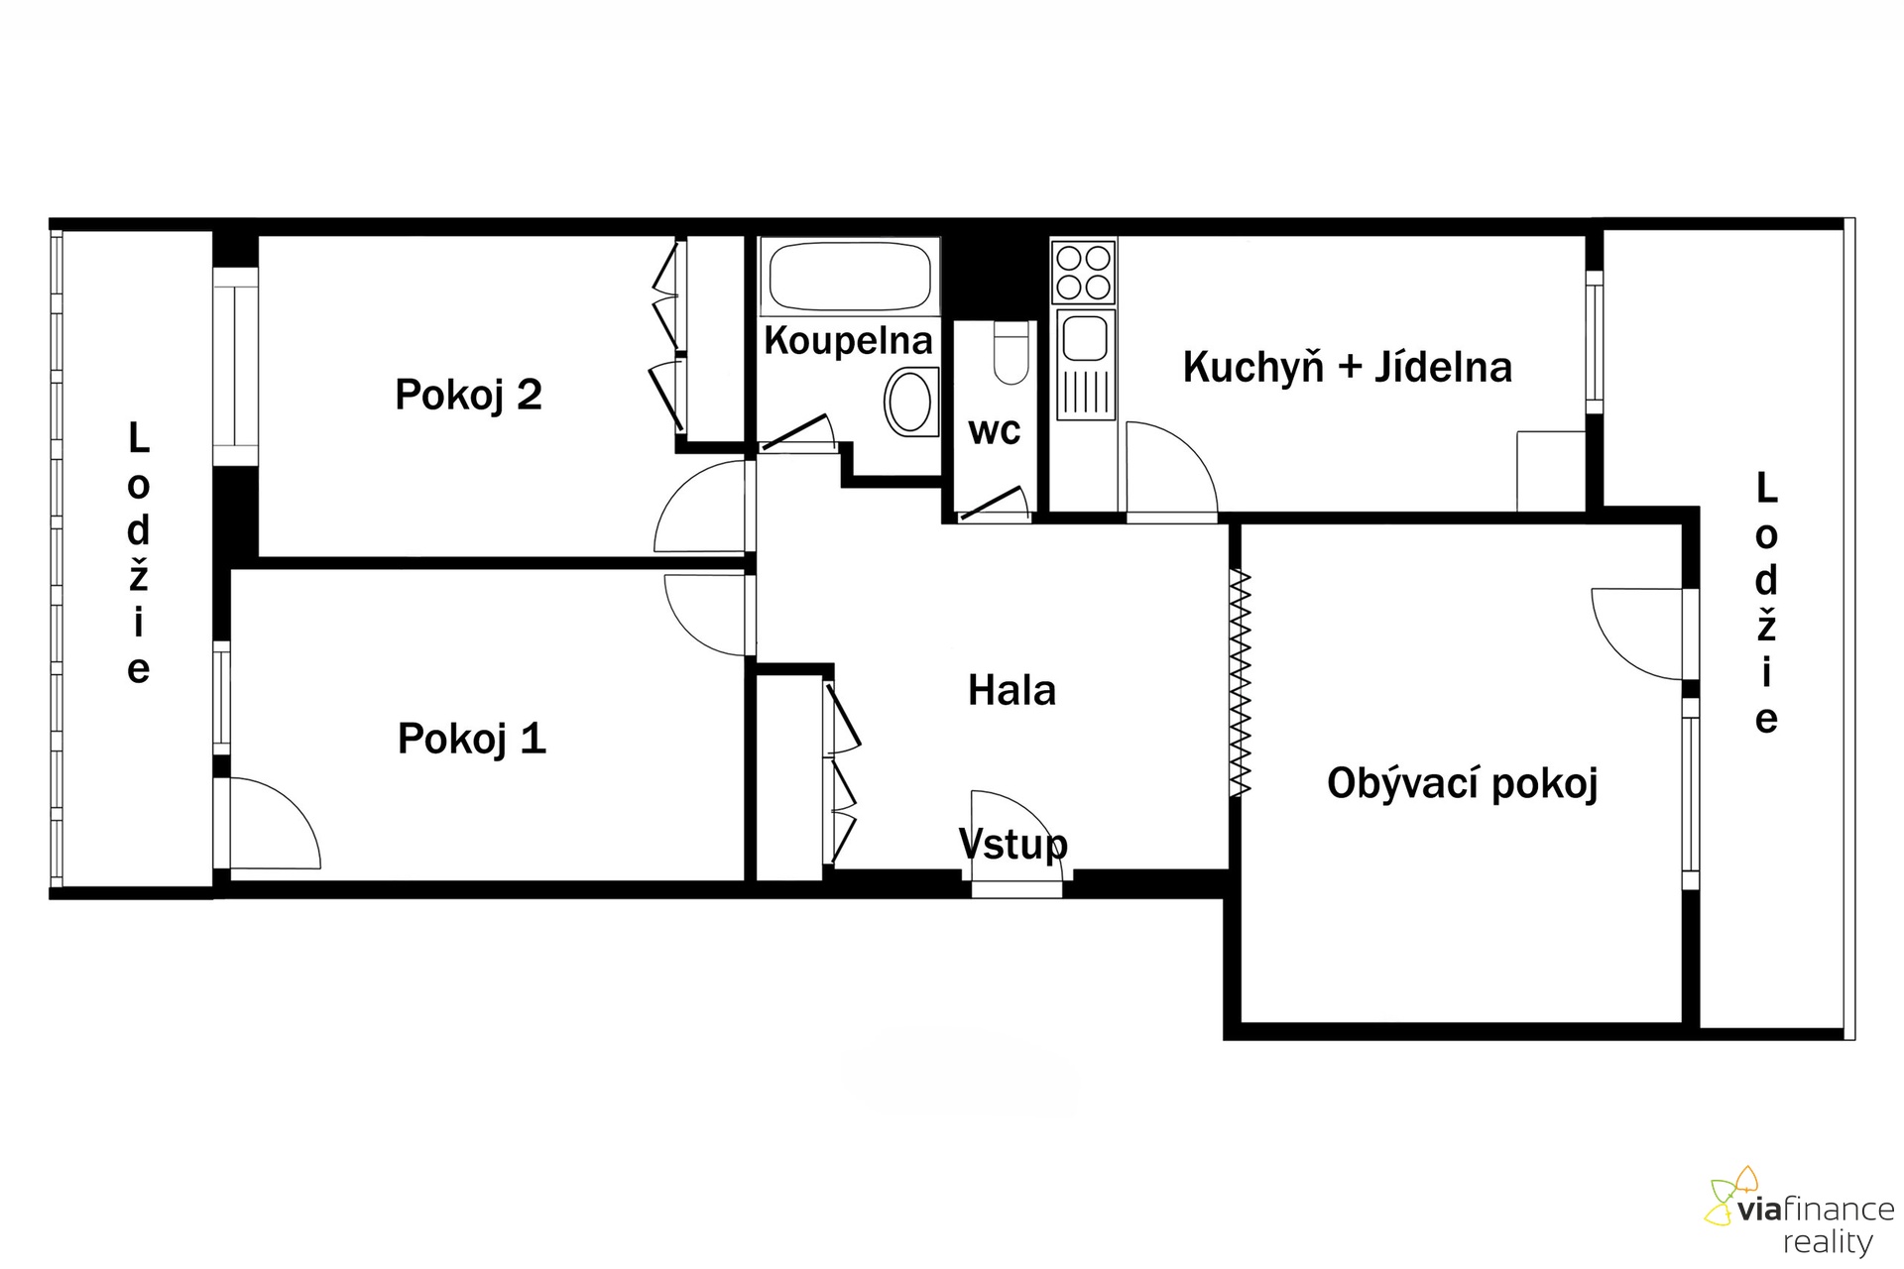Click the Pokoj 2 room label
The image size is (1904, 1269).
click(x=468, y=395)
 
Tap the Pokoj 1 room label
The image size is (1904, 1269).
click(x=471, y=739)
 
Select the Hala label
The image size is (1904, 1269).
click(x=1011, y=690)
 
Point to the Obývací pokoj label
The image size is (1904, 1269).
click(x=1463, y=783)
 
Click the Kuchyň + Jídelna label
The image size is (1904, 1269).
click(x=1348, y=367)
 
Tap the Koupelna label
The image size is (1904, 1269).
click(x=848, y=340)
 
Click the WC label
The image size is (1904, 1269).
click(x=995, y=431)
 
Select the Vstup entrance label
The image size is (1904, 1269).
click(x=1013, y=844)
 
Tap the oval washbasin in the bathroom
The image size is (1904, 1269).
click(x=910, y=402)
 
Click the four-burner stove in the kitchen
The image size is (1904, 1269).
click(x=1083, y=272)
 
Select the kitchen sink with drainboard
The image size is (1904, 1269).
click(x=1086, y=363)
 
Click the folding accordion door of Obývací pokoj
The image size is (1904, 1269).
click(x=1240, y=683)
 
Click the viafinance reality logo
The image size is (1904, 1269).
click(x=1800, y=1211)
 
